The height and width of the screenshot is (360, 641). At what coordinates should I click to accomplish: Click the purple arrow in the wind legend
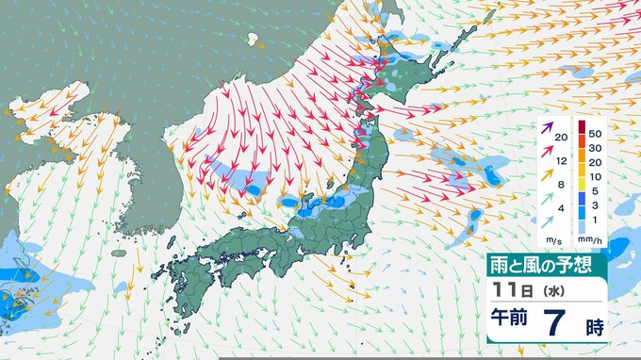tap(548, 126)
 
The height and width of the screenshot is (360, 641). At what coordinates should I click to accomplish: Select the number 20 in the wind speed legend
tap(561, 139)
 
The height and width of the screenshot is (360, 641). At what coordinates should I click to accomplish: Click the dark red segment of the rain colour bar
tap(582, 126)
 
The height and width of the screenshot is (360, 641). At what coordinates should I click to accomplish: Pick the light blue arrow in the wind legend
tap(548, 221)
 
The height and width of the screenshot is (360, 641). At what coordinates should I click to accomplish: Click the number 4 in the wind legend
tap(561, 208)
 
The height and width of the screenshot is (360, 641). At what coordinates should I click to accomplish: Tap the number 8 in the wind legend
tap(561, 185)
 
